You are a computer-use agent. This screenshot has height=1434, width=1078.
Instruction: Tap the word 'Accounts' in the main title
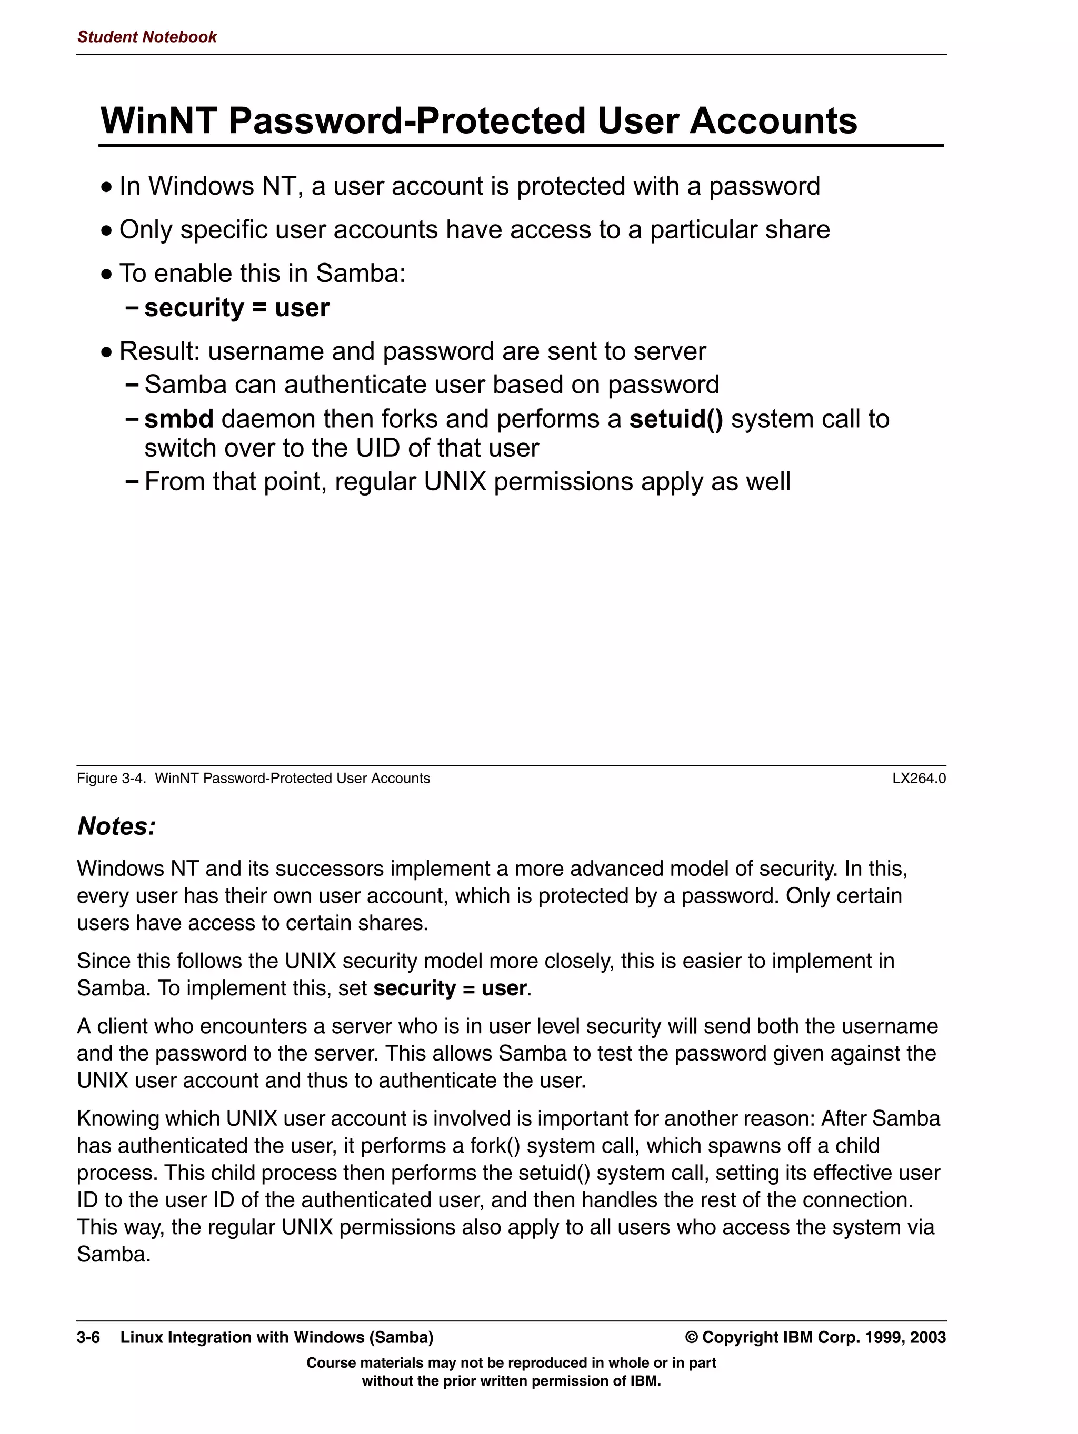point(773,121)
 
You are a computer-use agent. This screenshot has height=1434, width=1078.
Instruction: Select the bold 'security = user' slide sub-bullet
point(237,307)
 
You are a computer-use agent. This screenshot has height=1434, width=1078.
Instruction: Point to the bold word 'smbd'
point(179,419)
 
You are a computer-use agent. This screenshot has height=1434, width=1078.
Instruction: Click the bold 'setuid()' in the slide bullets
point(676,419)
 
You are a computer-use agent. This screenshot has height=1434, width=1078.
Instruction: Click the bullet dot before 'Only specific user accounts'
point(107,231)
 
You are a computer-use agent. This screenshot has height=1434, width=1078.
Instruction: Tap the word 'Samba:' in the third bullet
point(361,274)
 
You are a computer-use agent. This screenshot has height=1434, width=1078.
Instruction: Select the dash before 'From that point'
point(132,482)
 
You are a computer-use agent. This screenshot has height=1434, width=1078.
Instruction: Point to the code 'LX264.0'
point(919,779)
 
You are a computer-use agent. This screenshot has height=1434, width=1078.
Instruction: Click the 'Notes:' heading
point(117,826)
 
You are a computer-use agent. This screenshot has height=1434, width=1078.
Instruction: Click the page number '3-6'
point(88,1337)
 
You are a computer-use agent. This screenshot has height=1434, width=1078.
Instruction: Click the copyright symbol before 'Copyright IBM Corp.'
point(692,1337)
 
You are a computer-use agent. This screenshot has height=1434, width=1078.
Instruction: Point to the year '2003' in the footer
point(927,1337)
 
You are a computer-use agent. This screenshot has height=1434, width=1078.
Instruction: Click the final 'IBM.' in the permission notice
point(645,1381)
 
